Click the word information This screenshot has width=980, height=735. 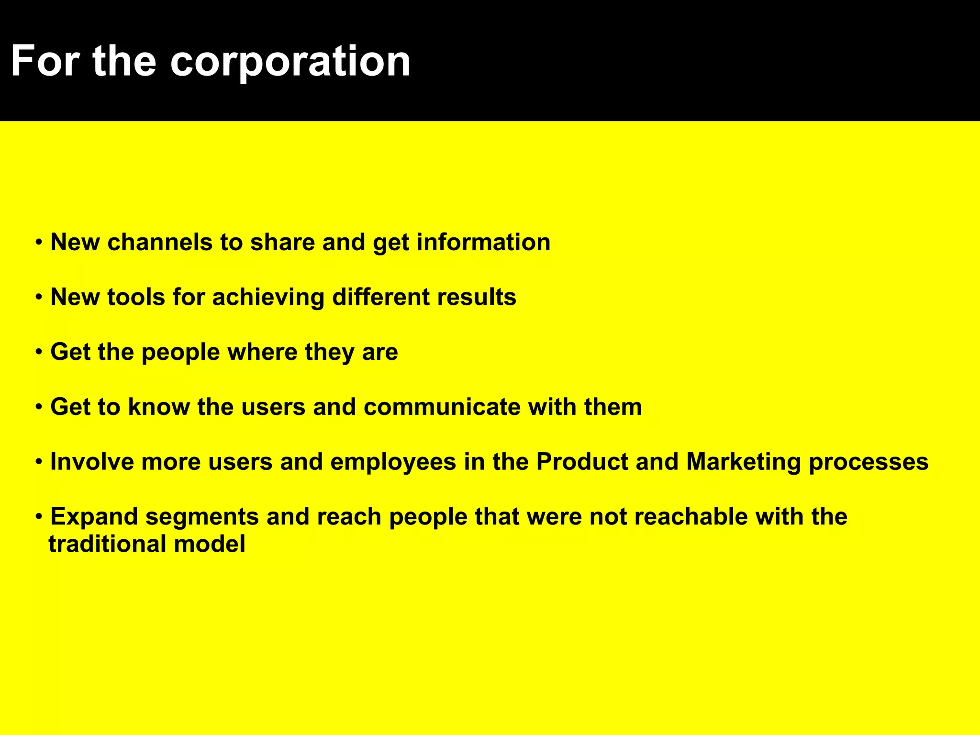(483, 242)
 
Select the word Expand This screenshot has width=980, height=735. (94, 517)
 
